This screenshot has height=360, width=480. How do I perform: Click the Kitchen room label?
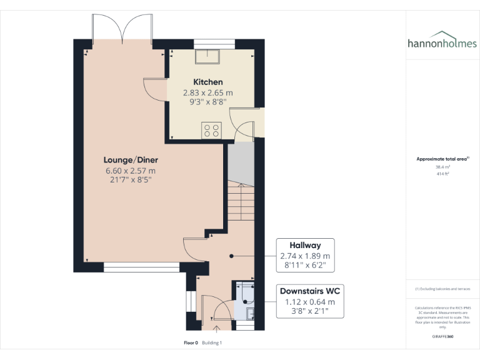pyautogui.click(x=207, y=82)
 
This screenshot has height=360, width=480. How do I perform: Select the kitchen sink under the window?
pyautogui.click(x=207, y=57)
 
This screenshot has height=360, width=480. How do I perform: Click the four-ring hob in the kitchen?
pyautogui.click(x=211, y=131)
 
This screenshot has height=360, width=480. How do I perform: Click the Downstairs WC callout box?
pyautogui.click(x=310, y=301)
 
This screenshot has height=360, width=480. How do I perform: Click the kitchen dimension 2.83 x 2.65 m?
pyautogui.click(x=207, y=92)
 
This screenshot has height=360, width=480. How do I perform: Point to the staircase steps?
pyautogui.click(x=240, y=200)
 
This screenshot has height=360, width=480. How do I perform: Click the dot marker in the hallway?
pyautogui.click(x=231, y=256)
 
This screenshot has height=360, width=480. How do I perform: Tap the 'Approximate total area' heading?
pyautogui.click(x=442, y=159)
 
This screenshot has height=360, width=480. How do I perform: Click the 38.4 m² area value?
pyautogui.click(x=442, y=167)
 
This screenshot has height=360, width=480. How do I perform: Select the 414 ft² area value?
pyautogui.click(x=442, y=174)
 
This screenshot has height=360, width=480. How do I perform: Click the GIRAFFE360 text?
pyautogui.click(x=442, y=336)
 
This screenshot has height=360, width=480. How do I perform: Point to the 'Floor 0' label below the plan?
pyautogui.click(x=191, y=342)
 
